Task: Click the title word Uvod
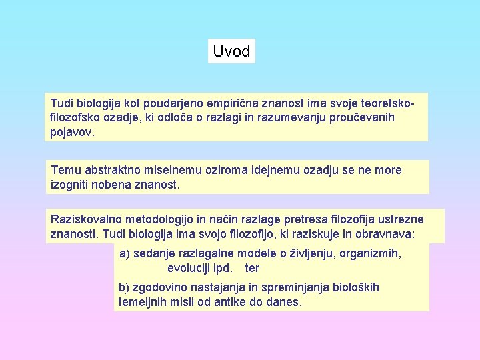[231, 51]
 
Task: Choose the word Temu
[65, 170]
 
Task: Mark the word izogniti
[72, 183]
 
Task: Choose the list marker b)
[124, 287]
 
